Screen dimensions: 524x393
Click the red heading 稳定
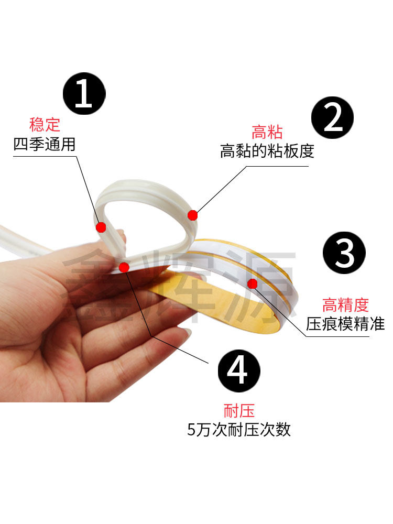(45, 125)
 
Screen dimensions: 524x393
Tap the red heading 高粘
(267, 132)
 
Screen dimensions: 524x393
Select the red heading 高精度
(345, 304)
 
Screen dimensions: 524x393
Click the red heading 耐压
(238, 410)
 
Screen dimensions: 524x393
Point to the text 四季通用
(45, 144)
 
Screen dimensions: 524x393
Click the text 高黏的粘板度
(267, 151)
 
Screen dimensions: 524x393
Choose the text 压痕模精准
(345, 323)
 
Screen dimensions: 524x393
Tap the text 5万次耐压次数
(238, 430)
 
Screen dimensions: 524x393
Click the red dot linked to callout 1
(101, 227)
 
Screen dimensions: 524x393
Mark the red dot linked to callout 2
(192, 215)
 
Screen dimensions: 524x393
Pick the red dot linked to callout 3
(252, 284)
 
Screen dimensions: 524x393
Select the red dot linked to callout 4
(124, 267)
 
